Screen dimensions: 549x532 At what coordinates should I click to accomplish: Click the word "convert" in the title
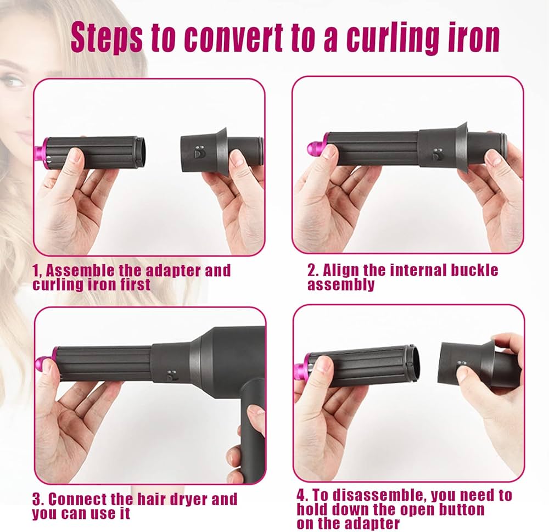[233, 38]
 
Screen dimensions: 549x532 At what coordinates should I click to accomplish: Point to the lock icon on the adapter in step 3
[172, 374]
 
